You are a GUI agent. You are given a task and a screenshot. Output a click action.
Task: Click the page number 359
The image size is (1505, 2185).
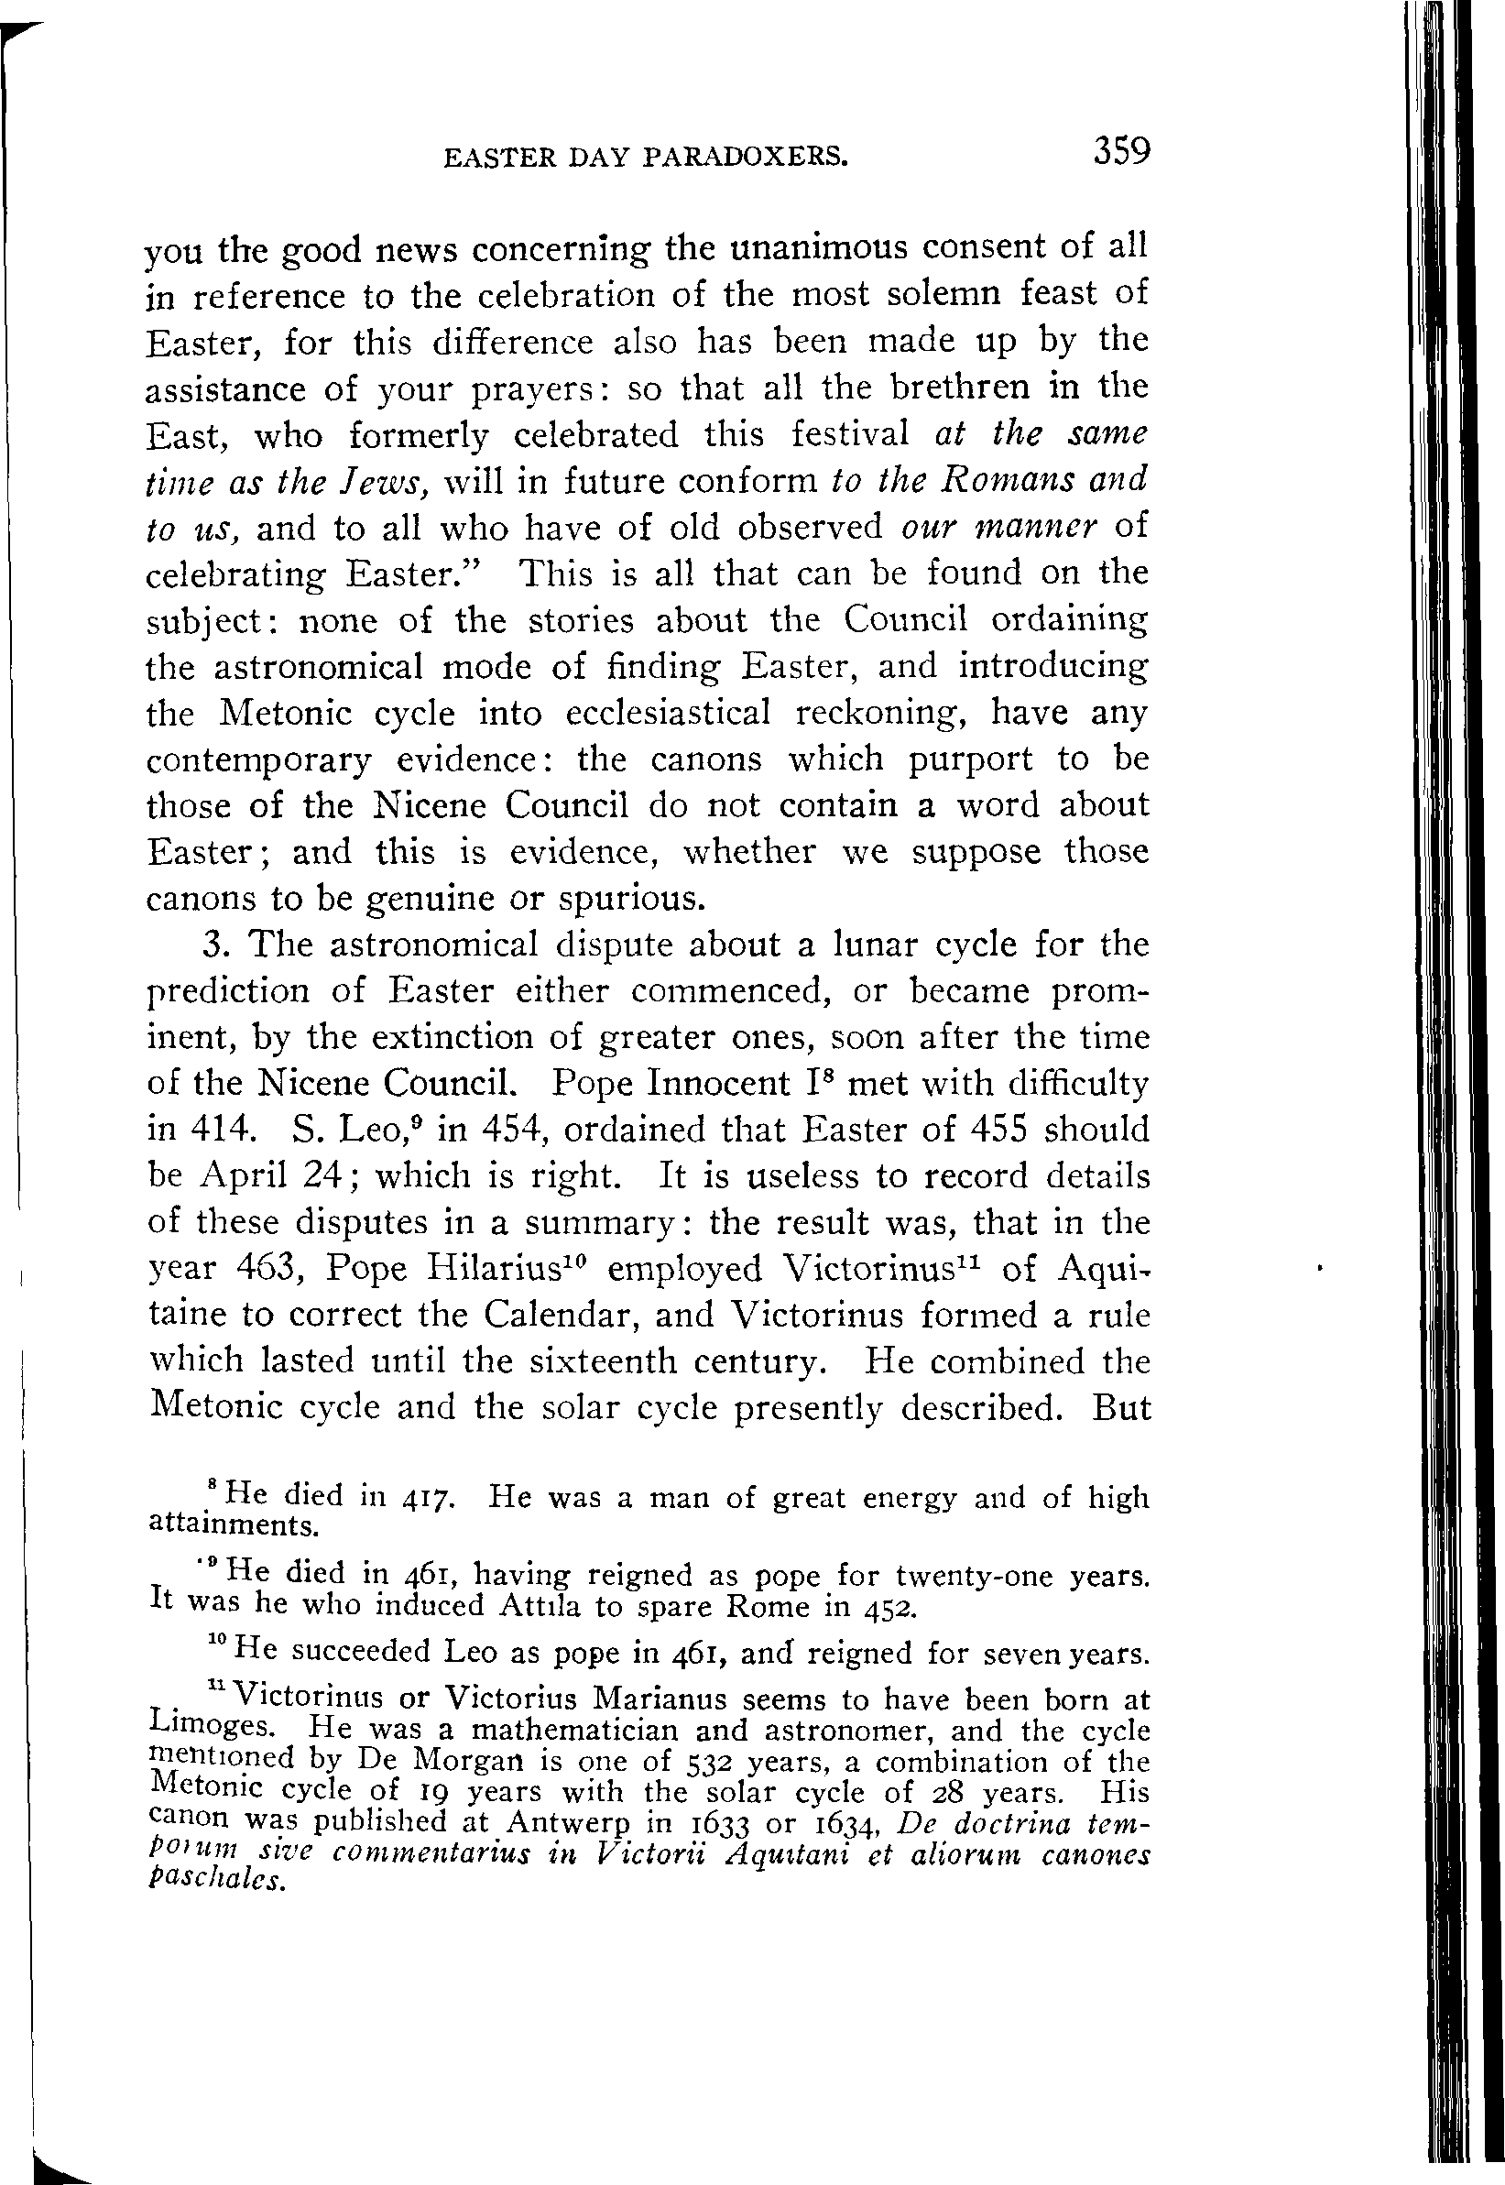[x=1121, y=152]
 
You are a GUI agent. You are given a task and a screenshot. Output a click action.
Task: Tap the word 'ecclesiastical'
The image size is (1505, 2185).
[x=668, y=713]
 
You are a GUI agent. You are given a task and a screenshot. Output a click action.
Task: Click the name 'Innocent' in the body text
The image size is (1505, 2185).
[x=718, y=1083]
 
